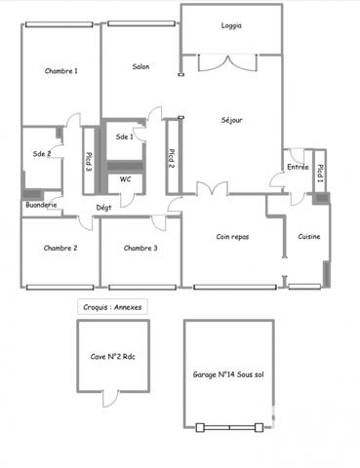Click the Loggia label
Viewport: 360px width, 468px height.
(231, 26)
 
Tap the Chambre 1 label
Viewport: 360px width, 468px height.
(61, 70)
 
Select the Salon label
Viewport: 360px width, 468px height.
(140, 66)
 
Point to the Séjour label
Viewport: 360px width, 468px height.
(231, 120)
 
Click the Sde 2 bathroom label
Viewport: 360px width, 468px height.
(41, 153)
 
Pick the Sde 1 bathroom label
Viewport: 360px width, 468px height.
(124, 136)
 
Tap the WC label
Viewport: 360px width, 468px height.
(125, 179)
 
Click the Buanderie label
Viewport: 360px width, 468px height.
(40, 205)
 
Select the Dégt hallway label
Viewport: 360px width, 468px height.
(102, 207)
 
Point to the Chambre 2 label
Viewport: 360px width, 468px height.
(60, 248)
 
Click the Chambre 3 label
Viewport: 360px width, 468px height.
(140, 248)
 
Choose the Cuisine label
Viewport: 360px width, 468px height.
(308, 237)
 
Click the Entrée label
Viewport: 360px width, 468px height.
(298, 167)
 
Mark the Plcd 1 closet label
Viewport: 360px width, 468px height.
(320, 172)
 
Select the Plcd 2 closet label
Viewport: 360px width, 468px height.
(172, 156)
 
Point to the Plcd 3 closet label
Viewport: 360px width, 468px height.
(88, 163)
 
